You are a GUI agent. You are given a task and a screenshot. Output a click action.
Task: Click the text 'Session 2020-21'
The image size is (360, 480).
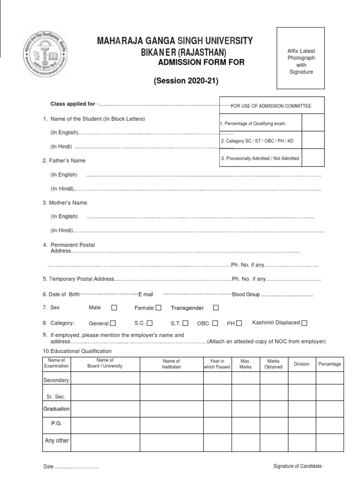186,81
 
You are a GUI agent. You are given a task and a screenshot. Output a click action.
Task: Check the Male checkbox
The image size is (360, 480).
114,308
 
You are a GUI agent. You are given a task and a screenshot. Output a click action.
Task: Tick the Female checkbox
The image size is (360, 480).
158,308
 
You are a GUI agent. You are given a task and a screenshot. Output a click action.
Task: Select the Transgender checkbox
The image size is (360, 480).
216,308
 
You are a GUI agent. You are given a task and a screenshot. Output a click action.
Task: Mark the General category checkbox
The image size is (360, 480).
113,323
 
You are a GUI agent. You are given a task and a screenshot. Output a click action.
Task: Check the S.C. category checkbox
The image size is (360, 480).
150,323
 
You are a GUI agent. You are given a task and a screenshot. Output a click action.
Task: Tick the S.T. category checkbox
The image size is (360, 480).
186,323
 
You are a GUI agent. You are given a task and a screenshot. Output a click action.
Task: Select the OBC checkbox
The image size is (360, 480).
215,323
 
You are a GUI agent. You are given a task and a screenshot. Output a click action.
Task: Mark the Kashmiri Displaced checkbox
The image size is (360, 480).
305,323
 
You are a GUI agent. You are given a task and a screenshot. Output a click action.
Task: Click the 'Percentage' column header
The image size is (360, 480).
330,364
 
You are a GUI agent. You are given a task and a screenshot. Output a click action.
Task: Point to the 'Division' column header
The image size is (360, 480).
301,364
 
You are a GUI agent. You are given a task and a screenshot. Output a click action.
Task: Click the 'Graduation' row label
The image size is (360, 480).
56,409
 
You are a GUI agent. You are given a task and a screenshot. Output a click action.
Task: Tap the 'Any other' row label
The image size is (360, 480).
56,441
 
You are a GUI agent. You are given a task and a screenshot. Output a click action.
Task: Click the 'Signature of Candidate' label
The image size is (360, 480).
298,466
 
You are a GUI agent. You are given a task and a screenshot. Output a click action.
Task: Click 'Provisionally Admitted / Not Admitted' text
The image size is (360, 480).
260,158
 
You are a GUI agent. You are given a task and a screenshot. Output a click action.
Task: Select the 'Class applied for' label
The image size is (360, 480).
73,104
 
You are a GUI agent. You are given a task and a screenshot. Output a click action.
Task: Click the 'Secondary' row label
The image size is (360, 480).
56,380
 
